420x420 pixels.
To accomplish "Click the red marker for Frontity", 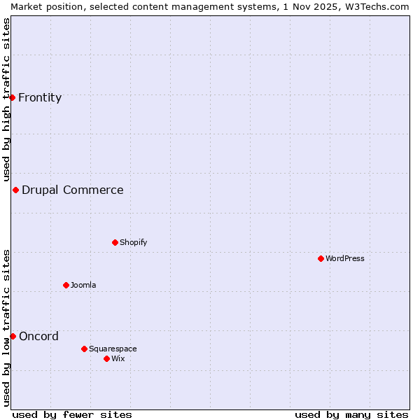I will (x=13, y=97).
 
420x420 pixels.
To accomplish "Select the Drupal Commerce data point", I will (x=15, y=190).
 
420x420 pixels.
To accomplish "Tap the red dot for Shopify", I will (x=115, y=242).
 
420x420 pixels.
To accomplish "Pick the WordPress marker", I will (x=321, y=258).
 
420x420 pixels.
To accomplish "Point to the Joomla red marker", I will (x=66, y=285).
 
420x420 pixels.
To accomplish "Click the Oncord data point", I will (x=13, y=336).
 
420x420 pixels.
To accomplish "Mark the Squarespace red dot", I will (x=84, y=349).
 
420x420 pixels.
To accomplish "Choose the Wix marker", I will (x=106, y=358).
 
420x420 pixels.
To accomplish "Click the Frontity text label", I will (x=40, y=97).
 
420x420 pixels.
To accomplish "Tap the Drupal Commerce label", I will (x=73, y=190).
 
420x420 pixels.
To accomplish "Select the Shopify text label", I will (x=133, y=242).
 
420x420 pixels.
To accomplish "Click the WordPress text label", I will (x=345, y=258).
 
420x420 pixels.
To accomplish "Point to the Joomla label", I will (x=83, y=285).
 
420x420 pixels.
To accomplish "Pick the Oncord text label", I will (x=38, y=336).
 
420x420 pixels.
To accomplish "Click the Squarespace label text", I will (x=113, y=349).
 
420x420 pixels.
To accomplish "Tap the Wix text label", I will (x=118, y=358).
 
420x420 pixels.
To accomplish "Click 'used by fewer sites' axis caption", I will (x=72, y=414).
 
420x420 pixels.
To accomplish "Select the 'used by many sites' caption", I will (x=351, y=414).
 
